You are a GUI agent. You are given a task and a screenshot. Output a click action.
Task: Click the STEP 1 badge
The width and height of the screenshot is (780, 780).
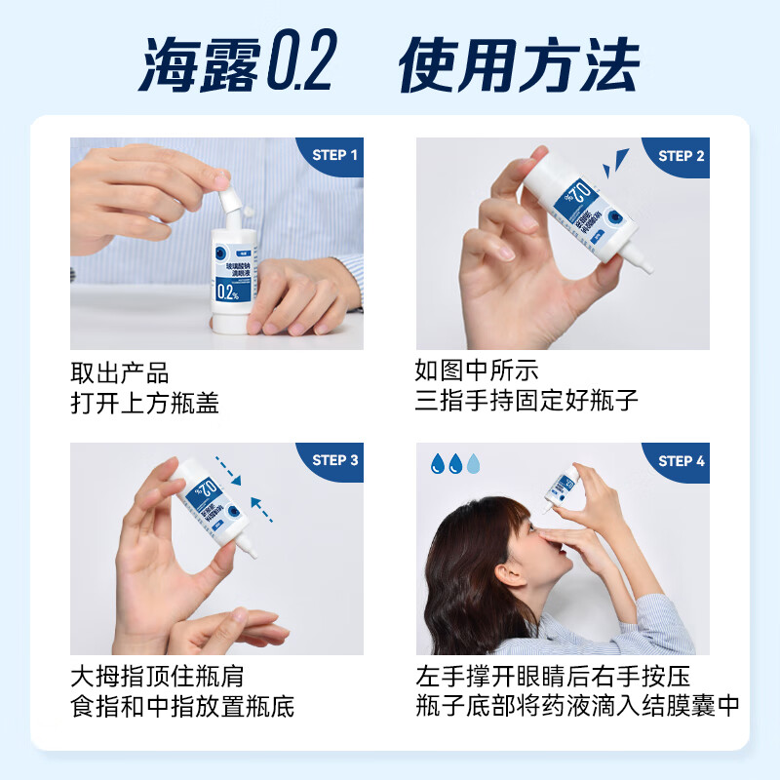click(x=334, y=155)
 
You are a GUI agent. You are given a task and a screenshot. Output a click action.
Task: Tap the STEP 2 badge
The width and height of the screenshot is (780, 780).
click(x=681, y=156)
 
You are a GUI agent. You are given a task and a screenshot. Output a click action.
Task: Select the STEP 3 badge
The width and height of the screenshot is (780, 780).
click(x=334, y=460)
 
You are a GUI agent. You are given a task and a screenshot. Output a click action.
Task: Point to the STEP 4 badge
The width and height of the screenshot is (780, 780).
click(x=681, y=461)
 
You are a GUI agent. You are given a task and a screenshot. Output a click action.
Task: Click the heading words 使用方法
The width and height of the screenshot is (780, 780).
click(x=519, y=65)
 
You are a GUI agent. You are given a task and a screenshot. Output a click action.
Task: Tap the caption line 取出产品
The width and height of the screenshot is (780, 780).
click(x=119, y=373)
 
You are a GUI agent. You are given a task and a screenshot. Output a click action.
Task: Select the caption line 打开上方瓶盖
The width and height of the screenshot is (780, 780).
click(x=144, y=404)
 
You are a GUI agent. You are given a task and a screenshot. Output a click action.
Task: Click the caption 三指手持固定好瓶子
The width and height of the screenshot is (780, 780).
click(x=526, y=402)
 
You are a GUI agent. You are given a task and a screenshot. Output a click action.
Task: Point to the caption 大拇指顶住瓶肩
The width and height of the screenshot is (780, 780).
click(x=156, y=677)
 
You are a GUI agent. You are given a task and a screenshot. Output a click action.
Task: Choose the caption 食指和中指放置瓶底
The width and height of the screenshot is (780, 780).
click(x=181, y=707)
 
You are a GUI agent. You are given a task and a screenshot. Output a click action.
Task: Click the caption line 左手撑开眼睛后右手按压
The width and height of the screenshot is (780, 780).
click(x=553, y=677)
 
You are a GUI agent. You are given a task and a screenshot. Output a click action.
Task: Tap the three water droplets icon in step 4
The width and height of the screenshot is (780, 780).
click(x=455, y=464)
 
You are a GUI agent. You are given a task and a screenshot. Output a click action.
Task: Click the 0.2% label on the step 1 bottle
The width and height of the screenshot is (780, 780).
click(x=230, y=292)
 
